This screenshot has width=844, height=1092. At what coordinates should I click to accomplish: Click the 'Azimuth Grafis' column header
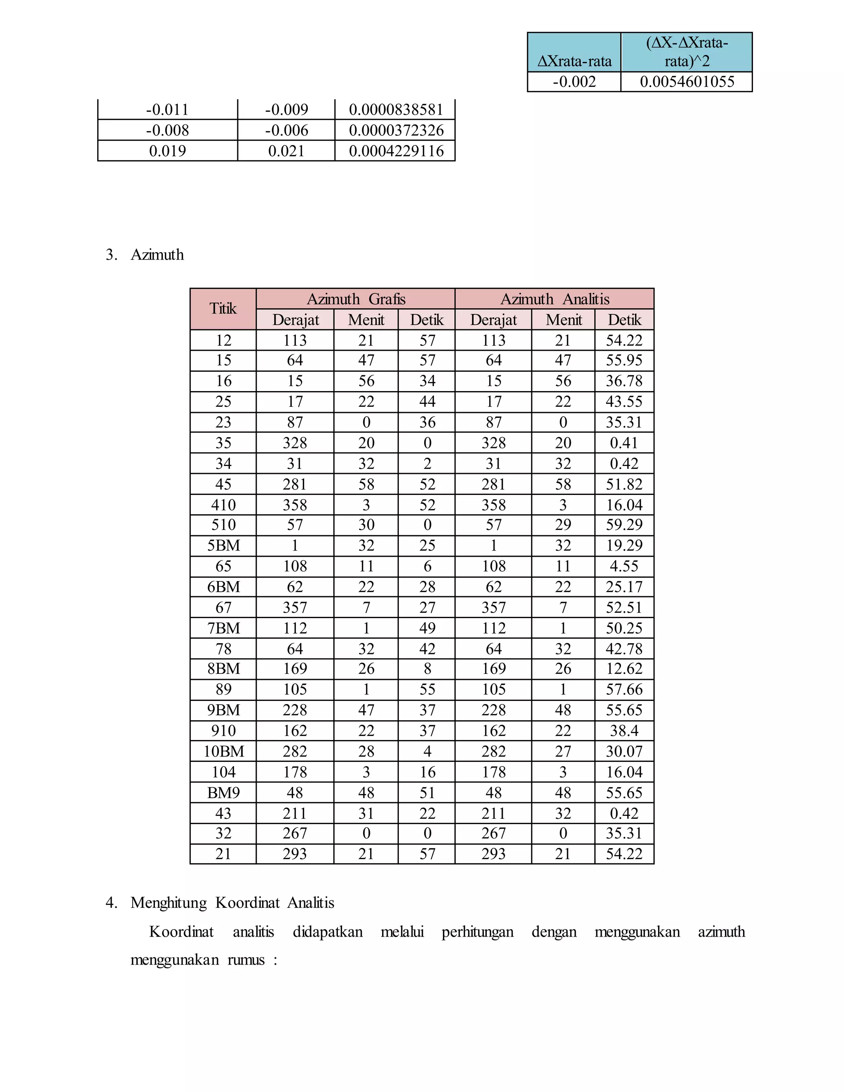point(356,299)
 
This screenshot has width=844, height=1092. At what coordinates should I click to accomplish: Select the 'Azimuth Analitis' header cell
point(555,299)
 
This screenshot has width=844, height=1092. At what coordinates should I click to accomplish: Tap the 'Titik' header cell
point(223,309)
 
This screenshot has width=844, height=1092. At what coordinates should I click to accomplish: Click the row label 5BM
point(223,546)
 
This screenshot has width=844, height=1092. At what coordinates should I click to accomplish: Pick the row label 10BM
point(223,752)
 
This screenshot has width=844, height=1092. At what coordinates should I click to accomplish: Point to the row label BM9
point(223,792)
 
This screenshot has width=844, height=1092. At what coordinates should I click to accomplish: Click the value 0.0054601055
point(687,82)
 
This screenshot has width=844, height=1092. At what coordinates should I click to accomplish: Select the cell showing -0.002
point(574,82)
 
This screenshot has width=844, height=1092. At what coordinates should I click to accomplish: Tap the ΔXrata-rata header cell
point(574,61)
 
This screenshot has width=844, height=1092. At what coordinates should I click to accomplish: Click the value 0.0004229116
point(396,151)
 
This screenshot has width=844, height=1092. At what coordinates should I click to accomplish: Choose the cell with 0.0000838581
point(396,110)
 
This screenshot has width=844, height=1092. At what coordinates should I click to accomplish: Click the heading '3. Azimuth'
point(157,255)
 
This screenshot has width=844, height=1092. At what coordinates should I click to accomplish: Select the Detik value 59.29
point(624,525)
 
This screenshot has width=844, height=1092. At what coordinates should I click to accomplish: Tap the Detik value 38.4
point(624,731)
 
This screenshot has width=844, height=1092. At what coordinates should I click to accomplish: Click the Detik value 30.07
point(624,752)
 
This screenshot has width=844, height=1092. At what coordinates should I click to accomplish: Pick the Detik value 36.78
point(624,381)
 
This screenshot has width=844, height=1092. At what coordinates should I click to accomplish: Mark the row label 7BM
point(223,628)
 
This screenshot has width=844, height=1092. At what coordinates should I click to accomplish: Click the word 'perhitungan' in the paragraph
point(478,932)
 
